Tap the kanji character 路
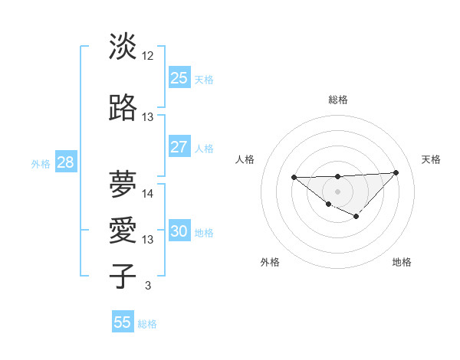coord(123,108)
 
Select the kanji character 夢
coord(123,184)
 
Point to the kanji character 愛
coord(123,231)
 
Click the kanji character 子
coord(123,276)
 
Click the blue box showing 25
coord(179,77)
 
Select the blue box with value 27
coord(179,147)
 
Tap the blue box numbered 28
coord(65,162)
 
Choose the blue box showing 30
coord(179,232)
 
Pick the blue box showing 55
coord(123,322)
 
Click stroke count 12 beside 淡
coord(148,56)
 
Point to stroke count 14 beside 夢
coord(148,194)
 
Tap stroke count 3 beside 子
coord(147,286)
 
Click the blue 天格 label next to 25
coord(204,79)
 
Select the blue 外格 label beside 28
coord(41,163)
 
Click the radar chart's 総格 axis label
coord(337,100)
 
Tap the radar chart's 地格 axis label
coord(402,262)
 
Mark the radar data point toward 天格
coord(396,172)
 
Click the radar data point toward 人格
coord(294,177)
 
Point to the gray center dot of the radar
coord(337,191)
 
